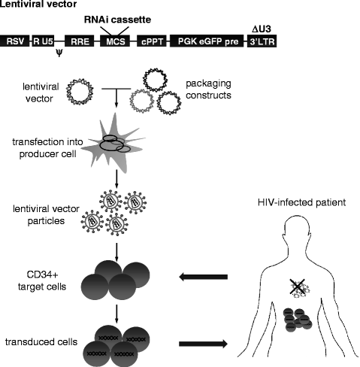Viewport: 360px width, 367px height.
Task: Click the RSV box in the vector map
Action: (x=14, y=41)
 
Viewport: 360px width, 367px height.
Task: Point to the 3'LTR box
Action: (x=263, y=41)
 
